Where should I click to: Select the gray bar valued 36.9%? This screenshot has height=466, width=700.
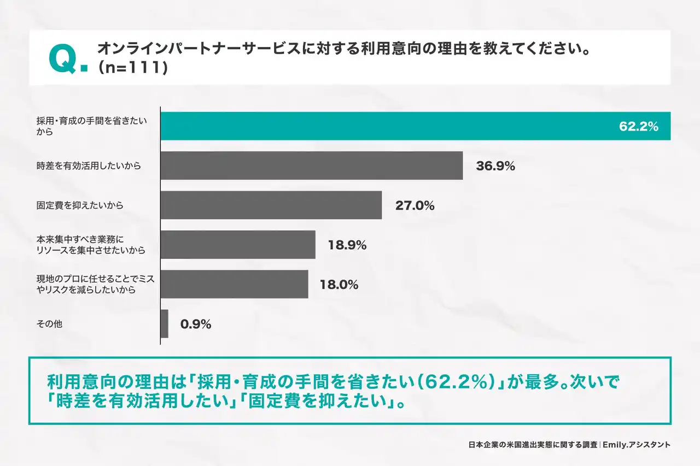312,166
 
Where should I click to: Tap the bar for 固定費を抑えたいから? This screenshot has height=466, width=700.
271,205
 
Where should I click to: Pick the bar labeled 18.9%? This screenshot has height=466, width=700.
238,244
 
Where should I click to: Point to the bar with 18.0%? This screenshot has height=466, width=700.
234,284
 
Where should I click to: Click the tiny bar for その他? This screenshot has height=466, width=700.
165,323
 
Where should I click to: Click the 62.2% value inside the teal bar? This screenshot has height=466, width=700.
638,127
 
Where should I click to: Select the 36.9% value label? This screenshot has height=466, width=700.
495,166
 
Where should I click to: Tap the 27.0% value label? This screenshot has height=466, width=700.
415,206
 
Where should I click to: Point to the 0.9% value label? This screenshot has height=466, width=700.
196,324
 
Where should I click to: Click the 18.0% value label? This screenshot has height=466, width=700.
339,285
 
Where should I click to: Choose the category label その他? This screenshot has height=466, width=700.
49,324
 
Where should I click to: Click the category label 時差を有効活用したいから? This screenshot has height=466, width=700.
88,166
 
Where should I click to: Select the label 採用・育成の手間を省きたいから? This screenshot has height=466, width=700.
91,126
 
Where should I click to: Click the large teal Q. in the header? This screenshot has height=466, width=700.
67,60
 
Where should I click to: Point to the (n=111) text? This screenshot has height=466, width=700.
131,68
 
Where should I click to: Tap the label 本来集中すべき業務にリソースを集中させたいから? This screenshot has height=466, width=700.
90,245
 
